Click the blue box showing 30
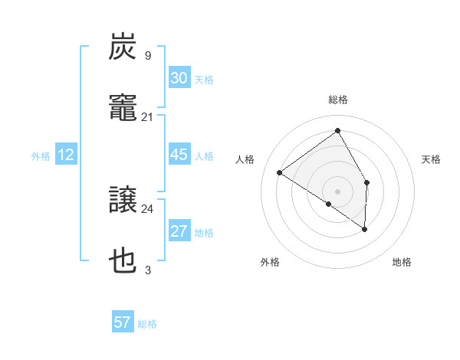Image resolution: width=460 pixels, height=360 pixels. coord(179,78)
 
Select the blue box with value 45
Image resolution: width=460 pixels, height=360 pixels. coord(179,155)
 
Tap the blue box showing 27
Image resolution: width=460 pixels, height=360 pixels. coord(179,231)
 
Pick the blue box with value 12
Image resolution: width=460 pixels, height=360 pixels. coord(66,155)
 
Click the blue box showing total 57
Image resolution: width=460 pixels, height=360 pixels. coord(123,322)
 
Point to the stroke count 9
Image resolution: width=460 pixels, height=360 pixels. coord(148,55)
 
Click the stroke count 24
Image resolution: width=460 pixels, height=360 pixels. coord(148,208)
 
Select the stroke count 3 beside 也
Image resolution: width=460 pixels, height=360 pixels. coord(148,270)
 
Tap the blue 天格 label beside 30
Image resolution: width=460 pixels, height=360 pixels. coord(204,80)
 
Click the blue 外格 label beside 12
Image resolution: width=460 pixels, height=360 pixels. coord(41,156)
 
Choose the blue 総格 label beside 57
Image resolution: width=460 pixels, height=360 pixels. coord(147,324)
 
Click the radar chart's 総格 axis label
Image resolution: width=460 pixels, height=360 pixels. coord(338,100)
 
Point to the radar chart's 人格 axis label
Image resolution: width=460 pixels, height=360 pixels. coord(245,159)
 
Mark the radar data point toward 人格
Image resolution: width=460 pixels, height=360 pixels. coord(280,172)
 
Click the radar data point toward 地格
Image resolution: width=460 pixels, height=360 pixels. coord(365,228)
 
